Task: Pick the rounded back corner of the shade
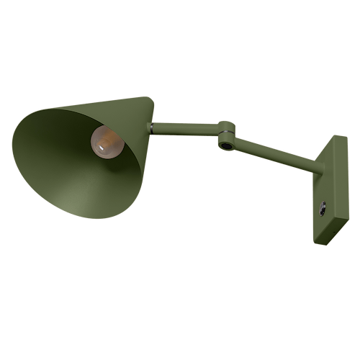(153, 100)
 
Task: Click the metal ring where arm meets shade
(150, 128)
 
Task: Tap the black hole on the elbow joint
(228, 146)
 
